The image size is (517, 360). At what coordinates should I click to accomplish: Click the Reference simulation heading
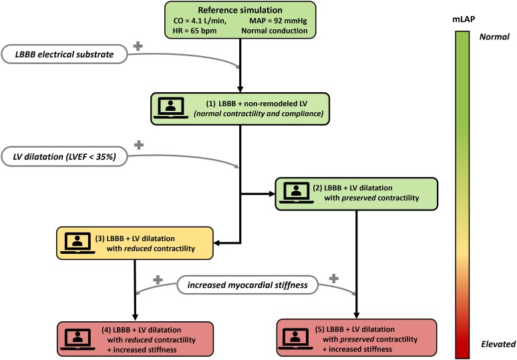pos(240,10)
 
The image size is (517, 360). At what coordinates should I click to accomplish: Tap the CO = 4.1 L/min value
pos(200,21)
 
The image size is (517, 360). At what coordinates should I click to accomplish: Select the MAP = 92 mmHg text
pos(278,21)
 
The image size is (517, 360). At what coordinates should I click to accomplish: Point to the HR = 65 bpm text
pos(195,31)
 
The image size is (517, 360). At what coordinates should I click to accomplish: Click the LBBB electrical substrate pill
pos(64,54)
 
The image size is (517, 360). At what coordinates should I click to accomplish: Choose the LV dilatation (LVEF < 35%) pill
pos(64,156)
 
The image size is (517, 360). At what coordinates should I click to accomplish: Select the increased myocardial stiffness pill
pos(248,285)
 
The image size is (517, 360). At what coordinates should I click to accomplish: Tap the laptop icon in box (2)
pos(297,193)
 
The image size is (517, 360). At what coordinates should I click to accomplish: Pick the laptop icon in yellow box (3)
pos(77,243)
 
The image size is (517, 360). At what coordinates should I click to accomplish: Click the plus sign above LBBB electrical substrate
pos(138,46)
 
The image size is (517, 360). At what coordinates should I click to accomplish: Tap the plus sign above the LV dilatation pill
pos(139,145)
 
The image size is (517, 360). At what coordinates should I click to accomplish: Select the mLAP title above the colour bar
pos(464,19)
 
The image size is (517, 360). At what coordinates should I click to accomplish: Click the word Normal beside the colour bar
pos(494,37)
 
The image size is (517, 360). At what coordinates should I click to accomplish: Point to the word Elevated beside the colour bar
pos(498,344)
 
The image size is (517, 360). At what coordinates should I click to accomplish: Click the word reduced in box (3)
pos(138,248)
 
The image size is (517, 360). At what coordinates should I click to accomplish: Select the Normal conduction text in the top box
pos(275,31)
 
